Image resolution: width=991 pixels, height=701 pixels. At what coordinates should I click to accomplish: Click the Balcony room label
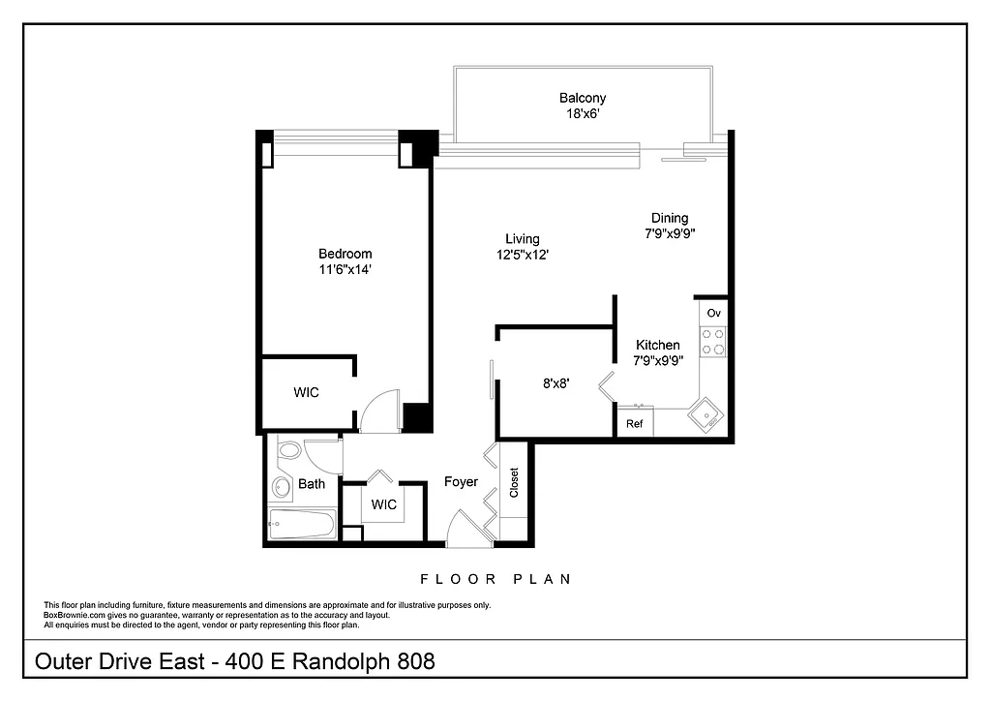[583, 98]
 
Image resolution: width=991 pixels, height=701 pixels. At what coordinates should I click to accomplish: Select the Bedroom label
[345, 254]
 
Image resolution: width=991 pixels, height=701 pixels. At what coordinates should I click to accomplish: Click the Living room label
[523, 239]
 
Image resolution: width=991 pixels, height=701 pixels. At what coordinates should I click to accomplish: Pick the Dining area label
[670, 218]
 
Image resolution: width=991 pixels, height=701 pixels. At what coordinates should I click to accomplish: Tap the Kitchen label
[658, 345]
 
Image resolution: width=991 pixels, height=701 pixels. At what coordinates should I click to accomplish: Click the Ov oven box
[713, 313]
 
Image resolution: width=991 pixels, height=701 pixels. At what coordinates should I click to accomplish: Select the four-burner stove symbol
[713, 341]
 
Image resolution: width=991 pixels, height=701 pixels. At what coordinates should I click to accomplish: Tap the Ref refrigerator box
[635, 424]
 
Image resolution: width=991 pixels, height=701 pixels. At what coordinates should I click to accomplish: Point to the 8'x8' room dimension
[556, 382]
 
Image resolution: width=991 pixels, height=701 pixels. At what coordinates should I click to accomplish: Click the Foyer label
[461, 481]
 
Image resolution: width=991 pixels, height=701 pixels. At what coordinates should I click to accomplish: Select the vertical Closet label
[514, 481]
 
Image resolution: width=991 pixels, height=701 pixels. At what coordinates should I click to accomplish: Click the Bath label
[312, 484]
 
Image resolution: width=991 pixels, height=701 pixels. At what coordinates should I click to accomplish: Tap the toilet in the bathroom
[288, 452]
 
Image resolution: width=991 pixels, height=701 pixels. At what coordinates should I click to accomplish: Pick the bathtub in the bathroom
[301, 526]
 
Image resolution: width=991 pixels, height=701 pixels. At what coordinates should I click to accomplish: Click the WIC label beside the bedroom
[306, 392]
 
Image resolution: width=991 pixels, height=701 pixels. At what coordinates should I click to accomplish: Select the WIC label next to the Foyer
[384, 504]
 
